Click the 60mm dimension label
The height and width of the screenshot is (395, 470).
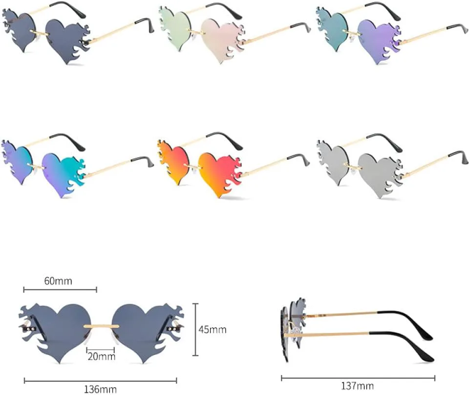tap(58, 281)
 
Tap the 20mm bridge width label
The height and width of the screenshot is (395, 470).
tap(101, 356)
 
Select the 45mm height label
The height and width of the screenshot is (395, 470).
tap(213, 330)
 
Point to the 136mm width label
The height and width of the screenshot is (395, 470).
tap(100, 389)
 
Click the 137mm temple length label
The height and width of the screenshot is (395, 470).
tap(357, 386)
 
